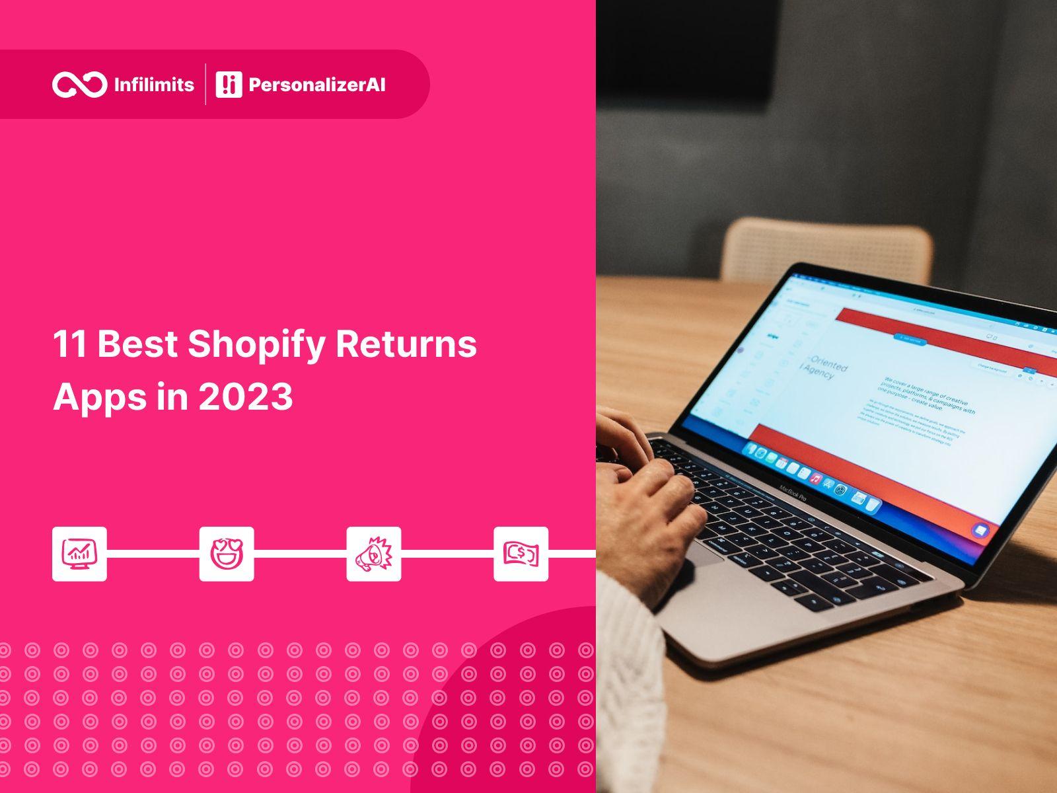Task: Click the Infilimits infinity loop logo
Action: tap(79, 85)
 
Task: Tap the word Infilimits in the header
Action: tap(154, 85)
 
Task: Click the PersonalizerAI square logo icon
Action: tap(229, 85)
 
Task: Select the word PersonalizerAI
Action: tap(316, 85)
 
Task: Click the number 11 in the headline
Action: tap(70, 344)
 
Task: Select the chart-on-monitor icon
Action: tap(79, 554)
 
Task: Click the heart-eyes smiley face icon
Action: tap(227, 554)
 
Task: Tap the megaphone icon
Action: tap(374, 554)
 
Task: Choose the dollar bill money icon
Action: tap(521, 554)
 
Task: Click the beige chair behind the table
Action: tap(826, 248)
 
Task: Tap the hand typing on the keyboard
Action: tap(661, 502)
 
